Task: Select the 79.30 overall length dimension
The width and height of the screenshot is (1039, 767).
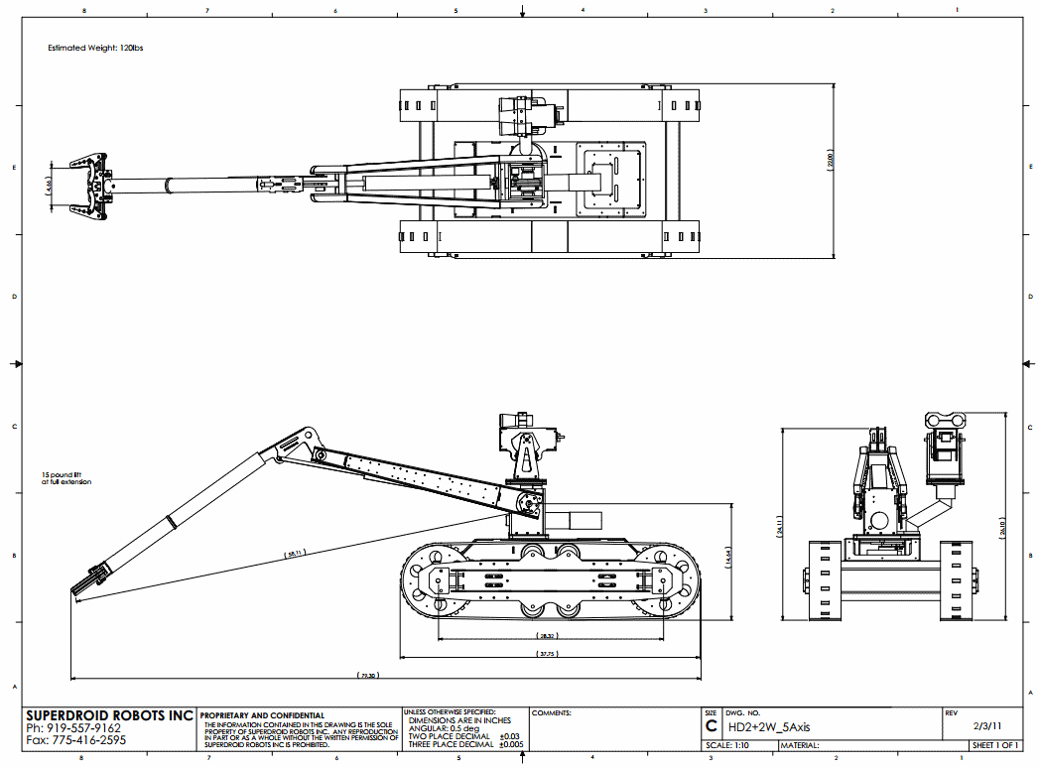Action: coord(368,676)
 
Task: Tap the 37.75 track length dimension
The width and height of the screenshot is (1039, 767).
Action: coord(548,653)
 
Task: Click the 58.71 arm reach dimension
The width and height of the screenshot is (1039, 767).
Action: coord(294,554)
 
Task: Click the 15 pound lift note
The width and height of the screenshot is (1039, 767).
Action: coord(66,477)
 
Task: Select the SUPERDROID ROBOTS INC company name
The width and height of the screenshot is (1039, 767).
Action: coord(109,715)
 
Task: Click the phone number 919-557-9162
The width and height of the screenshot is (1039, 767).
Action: coord(74,728)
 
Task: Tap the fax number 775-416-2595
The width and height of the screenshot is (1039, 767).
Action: coord(76,740)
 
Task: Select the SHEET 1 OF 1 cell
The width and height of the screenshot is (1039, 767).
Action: coord(995,745)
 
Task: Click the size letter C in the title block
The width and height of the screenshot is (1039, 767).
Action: coord(711,726)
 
